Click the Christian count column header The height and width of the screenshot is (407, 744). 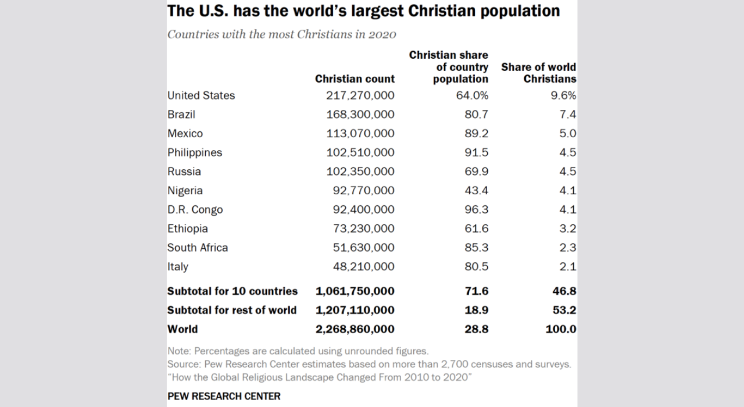click(x=355, y=79)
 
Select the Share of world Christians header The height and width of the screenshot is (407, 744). click(x=539, y=73)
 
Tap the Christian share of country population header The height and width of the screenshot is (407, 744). click(x=449, y=67)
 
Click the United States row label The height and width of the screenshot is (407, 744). click(x=201, y=95)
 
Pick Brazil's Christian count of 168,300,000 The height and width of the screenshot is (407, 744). click(x=360, y=115)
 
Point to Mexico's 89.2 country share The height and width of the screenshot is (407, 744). click(x=477, y=134)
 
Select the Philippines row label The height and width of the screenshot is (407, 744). click(x=195, y=153)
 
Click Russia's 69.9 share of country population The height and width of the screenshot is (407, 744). click(x=477, y=172)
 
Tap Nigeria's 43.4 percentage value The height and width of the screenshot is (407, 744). click(x=477, y=191)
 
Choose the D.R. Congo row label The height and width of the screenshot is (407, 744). click(x=195, y=210)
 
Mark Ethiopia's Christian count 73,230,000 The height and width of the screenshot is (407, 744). click(x=364, y=229)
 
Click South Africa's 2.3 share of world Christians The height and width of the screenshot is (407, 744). click(x=567, y=248)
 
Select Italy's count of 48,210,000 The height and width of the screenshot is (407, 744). click(x=364, y=267)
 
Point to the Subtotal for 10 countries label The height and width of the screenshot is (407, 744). click(x=233, y=291)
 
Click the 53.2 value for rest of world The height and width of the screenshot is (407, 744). click(x=564, y=310)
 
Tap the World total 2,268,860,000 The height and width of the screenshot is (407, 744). click(x=355, y=329)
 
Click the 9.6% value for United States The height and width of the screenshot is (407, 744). click(x=563, y=95)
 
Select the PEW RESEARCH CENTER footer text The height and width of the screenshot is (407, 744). click(x=224, y=396)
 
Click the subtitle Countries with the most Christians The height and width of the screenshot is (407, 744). click(x=282, y=34)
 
